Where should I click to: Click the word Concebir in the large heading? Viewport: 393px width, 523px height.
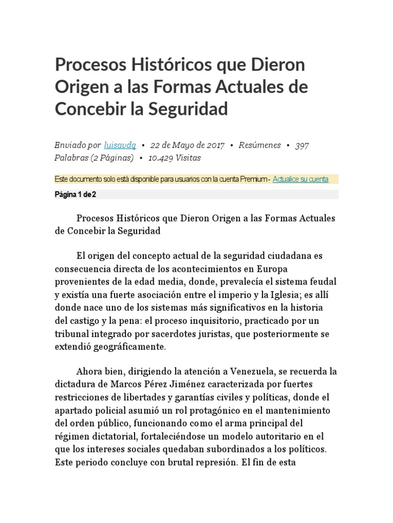coord(88,109)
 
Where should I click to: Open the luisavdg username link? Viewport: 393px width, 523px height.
coord(119,145)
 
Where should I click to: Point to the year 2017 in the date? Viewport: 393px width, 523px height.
coord(215,145)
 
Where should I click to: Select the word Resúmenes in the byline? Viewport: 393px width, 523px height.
coord(260,145)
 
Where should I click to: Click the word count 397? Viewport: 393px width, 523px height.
coord(302,145)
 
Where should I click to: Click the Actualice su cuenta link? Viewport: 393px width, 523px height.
coord(300,179)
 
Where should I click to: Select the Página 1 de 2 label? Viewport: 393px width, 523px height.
coord(75,195)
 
